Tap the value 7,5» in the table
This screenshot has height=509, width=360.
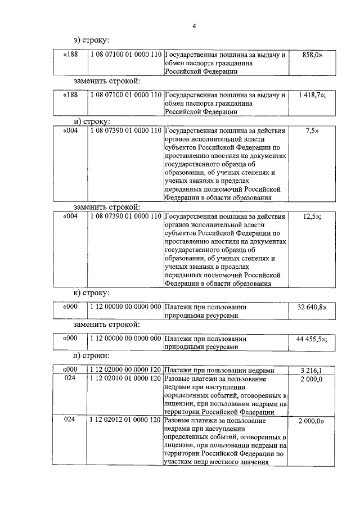[x=312, y=131]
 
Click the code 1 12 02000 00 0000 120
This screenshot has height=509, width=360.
[x=125, y=371]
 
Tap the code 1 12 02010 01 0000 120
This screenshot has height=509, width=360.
[x=125, y=380]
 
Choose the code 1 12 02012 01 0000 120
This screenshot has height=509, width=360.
[x=125, y=420]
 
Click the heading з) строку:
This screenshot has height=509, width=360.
[x=91, y=40]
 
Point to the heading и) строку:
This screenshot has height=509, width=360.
[x=92, y=121]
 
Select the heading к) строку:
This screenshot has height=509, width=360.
[x=91, y=293]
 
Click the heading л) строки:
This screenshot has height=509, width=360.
[x=91, y=356]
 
